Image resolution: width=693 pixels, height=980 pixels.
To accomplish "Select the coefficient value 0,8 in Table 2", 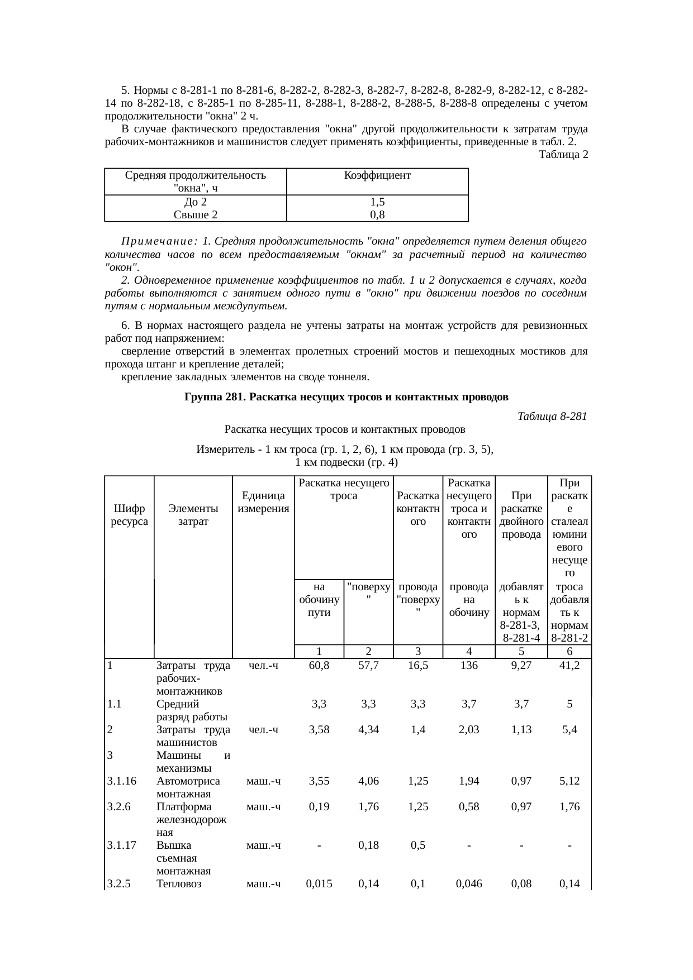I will (x=377, y=215).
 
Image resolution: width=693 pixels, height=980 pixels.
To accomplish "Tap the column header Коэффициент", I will (x=377, y=175).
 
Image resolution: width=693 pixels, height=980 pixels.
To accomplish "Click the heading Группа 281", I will (x=346, y=398).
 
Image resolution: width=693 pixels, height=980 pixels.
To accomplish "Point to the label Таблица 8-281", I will (x=552, y=417).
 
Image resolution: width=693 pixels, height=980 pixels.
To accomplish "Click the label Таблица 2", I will (x=563, y=155).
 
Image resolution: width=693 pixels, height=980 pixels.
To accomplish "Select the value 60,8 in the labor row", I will (x=319, y=666).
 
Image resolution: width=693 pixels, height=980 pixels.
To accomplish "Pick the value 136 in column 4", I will (x=469, y=666).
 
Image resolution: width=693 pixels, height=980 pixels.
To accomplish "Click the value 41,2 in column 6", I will (x=569, y=666).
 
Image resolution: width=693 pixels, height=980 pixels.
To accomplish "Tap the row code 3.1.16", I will (x=122, y=781).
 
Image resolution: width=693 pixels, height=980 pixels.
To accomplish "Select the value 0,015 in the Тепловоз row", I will (x=319, y=884).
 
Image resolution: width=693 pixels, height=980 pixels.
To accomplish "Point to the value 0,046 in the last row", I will (x=469, y=884).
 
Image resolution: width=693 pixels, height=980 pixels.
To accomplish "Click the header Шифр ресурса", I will (x=129, y=515).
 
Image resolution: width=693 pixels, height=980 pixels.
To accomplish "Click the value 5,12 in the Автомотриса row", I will (x=569, y=781).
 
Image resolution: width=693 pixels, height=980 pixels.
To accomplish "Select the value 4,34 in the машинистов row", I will (x=368, y=730).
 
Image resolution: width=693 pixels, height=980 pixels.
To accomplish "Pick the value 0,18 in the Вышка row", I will (x=368, y=845).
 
